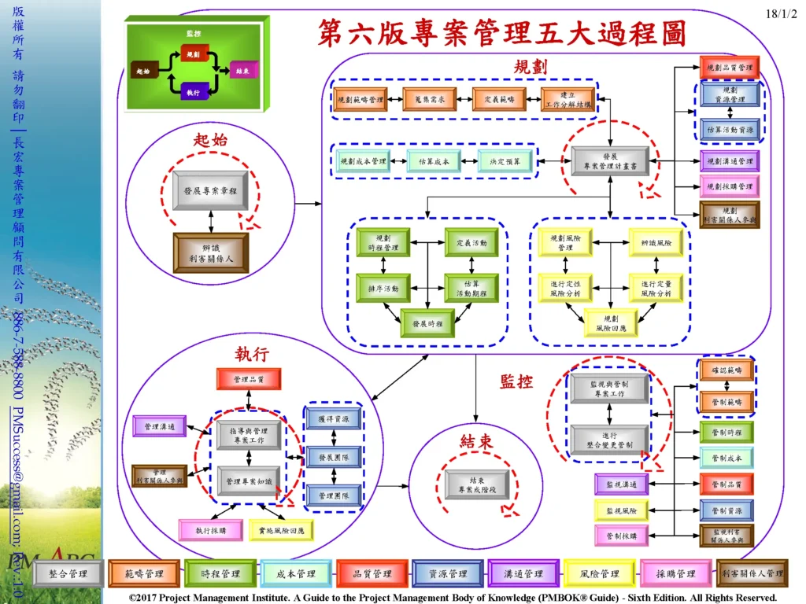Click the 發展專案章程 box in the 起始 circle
210,191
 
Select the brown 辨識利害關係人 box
210,252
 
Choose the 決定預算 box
505,162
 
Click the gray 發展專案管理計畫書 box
610,162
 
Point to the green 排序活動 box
383,288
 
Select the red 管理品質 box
248,379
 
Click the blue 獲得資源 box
334,418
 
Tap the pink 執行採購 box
210,530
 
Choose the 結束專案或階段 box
477,485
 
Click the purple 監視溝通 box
622,484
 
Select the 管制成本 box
727,458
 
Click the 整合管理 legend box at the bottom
68,574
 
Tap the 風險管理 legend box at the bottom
598,574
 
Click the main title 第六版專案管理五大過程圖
501,34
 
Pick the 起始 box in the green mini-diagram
144,72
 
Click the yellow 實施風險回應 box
281,530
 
